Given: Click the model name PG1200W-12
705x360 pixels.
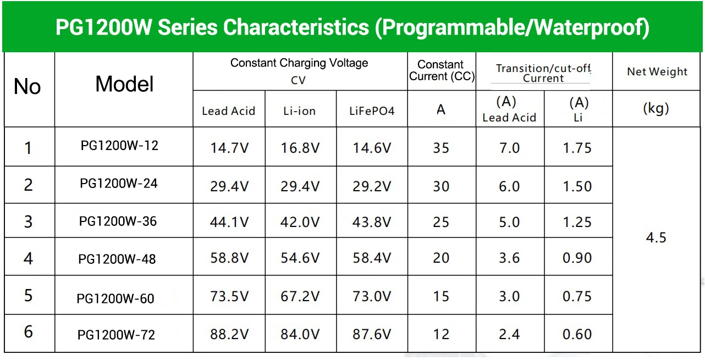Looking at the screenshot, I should pos(119,146).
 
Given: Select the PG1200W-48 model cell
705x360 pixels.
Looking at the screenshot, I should pos(117,259).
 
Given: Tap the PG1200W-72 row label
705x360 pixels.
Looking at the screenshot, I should pos(116,335).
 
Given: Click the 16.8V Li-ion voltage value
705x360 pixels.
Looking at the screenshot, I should pos(300,148).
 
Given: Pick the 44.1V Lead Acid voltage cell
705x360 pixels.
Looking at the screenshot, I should pos(229,222).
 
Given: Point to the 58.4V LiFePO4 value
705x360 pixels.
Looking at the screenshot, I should pos(372,258).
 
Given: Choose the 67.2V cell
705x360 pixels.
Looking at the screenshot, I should pos(300,296).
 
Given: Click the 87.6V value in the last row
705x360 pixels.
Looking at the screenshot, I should pos(372,334).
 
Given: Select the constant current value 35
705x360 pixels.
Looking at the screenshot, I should pos(441,148).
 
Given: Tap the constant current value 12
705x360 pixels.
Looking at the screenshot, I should pos(441,334).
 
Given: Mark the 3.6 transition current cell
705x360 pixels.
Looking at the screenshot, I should pos(509,258).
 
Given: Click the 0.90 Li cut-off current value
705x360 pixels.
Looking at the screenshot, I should pos(577,258).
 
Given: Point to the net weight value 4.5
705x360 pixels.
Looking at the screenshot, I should pos(656,237).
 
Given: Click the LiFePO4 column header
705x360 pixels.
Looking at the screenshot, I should pos(372,110).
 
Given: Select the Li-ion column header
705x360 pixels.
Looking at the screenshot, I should pos(300,110).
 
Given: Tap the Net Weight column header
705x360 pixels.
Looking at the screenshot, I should pos(657,71).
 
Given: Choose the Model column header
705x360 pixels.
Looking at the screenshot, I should pos(124,84).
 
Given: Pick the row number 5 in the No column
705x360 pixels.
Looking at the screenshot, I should pos(29,295).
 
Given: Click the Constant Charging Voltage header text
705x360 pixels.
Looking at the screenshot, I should pos(299,63).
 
